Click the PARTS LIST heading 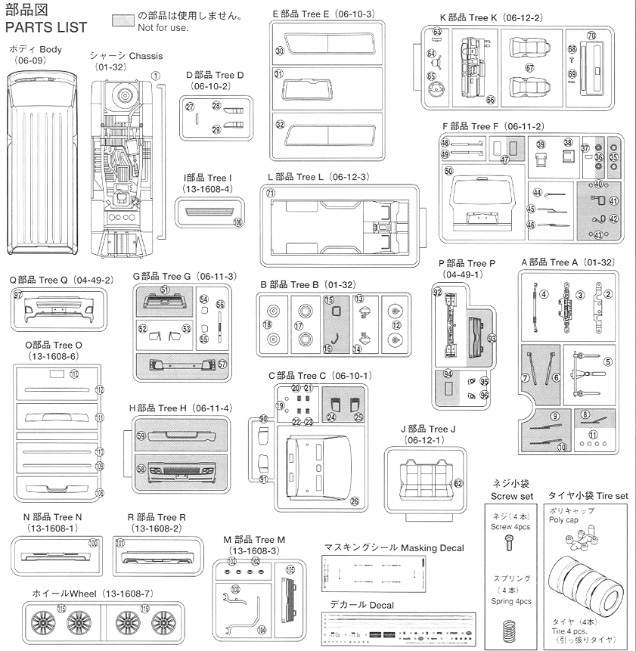coord(46,28)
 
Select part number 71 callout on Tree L coord(270,193)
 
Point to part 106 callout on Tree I coord(238,222)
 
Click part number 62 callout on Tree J coord(458,483)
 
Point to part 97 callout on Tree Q coord(18,294)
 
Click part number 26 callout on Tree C coord(354,501)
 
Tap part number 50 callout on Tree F coord(448,172)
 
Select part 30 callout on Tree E coord(279,51)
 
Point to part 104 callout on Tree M coord(262,629)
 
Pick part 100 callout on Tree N coord(93,542)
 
